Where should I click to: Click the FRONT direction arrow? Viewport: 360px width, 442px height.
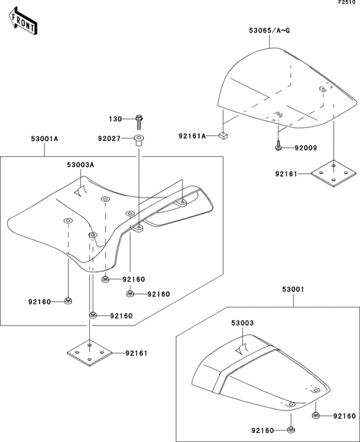coord(22,21)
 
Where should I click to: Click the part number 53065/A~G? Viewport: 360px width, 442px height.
coord(269,30)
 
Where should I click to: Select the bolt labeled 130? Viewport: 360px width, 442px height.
coord(139,122)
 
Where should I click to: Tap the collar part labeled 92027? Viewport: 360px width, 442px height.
coord(138,140)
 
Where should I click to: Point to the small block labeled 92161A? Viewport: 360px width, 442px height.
coord(223,136)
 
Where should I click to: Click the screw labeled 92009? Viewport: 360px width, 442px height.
coord(278,146)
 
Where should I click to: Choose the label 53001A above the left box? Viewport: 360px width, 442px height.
coord(44,139)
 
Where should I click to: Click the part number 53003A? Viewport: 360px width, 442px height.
coord(80,165)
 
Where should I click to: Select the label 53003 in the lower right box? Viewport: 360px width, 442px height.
coord(242,323)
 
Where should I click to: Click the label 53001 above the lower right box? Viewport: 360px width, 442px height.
coord(293,290)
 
